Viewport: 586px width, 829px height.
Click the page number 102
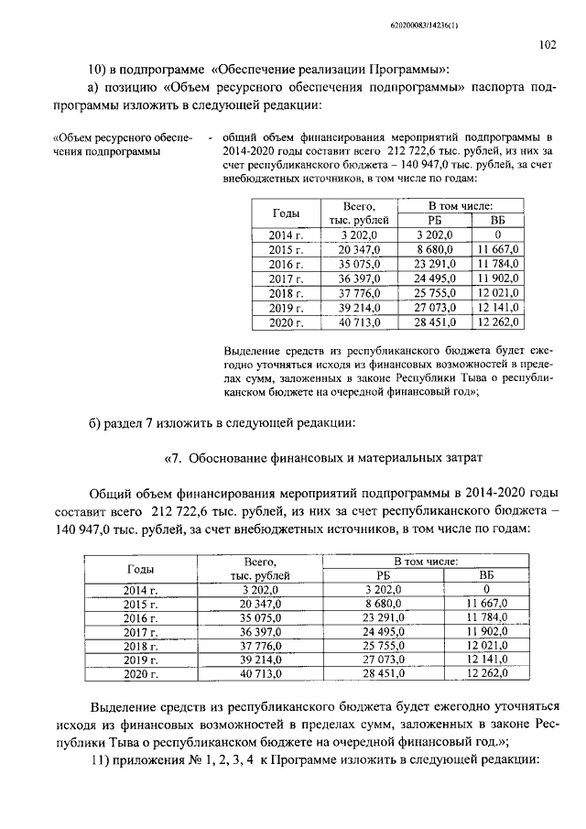(x=548, y=43)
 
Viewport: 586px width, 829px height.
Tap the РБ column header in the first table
(x=435, y=221)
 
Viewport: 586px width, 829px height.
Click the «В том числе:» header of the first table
(x=462, y=207)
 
